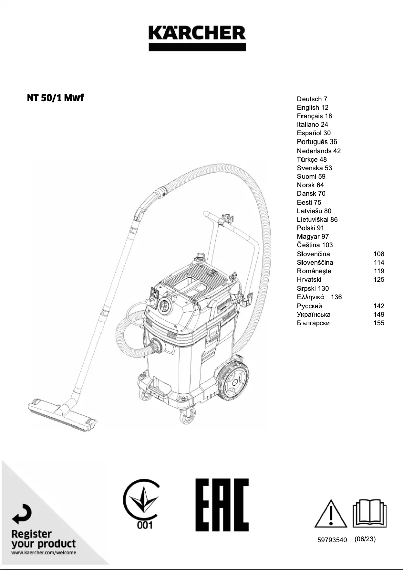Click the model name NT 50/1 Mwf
coord(55,97)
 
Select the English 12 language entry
coord(312,107)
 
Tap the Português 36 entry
coord(317,142)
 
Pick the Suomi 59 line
coord(311,176)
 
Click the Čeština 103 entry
coord(315,245)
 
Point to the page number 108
coord(379,254)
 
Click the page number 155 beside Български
coord(379,323)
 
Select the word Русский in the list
coord(309,306)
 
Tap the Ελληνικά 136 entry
coord(319,297)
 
